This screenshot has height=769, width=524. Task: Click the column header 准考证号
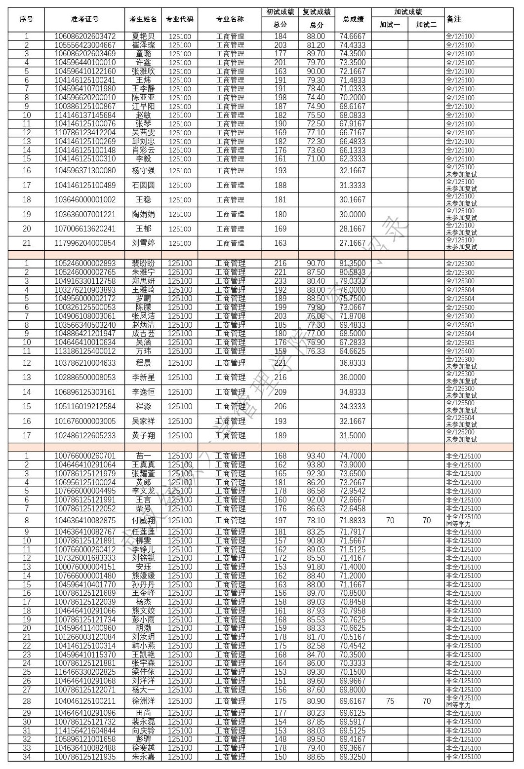[84, 19]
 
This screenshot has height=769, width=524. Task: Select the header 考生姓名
[143, 19]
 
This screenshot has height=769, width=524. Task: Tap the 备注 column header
[454, 19]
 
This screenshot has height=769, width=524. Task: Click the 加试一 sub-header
[390, 24]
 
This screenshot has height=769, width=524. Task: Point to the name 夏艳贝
[143, 37]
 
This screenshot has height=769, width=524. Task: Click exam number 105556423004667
[84, 45]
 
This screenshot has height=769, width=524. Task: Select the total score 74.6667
[353, 37]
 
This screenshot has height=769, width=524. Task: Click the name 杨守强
[143, 171]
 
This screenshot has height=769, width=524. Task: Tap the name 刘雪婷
[143, 243]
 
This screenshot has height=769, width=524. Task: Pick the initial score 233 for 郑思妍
[280, 281]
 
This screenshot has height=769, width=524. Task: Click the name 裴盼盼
[143, 264]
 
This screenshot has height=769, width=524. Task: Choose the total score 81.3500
[353, 264]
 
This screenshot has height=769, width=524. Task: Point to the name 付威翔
[143, 521]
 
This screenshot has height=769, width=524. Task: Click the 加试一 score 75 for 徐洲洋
[390, 701]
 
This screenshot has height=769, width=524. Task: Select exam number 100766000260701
[84, 456]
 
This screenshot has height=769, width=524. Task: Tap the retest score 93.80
[316, 465]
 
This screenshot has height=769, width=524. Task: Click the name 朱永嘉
[143, 757]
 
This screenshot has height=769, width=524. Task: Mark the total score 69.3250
[353, 757]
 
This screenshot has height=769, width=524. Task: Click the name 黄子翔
[143, 436]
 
